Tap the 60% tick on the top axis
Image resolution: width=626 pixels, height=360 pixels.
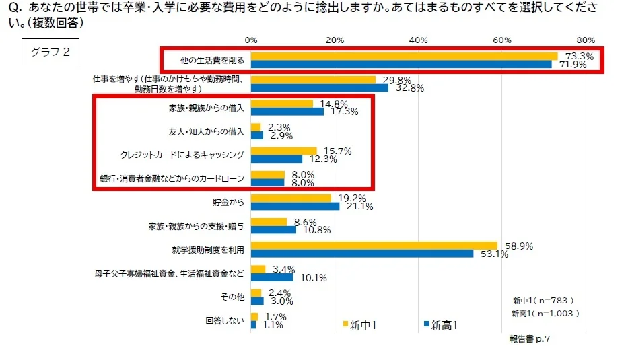coord(502,40)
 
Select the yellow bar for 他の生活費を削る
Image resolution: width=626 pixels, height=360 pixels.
coord(404,56)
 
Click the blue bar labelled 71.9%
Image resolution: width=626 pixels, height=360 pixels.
coord(401,65)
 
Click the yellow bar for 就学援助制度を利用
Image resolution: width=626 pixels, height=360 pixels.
coord(374,246)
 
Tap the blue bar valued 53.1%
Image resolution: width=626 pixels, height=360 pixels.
coord(361,254)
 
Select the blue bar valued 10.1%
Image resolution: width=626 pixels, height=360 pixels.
coord(272,277)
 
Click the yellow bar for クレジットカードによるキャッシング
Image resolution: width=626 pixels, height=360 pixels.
coord(283,151)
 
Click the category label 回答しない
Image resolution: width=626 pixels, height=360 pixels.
coord(225,320)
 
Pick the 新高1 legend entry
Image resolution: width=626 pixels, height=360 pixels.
coord(440,325)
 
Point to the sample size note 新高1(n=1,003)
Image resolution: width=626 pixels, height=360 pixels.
coord(545,314)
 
